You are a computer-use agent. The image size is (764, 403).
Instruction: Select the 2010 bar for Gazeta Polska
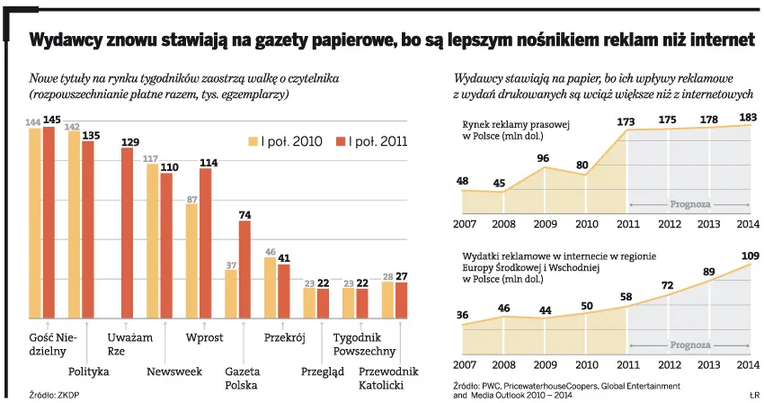tap(230, 293)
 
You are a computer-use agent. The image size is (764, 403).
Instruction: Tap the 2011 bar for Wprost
tap(206, 243)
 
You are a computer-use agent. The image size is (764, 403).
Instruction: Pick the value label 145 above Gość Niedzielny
tap(51, 120)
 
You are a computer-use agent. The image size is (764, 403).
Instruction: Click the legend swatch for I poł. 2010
tap(254, 141)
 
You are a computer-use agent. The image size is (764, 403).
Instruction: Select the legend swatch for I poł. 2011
tap(341, 141)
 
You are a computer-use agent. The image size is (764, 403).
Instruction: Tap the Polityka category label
tap(89, 371)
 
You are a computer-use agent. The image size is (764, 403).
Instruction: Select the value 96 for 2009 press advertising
tap(543, 158)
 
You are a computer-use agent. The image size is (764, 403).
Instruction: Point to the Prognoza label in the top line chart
tap(689, 204)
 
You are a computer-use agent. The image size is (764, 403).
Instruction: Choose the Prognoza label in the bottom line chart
tap(689, 345)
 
